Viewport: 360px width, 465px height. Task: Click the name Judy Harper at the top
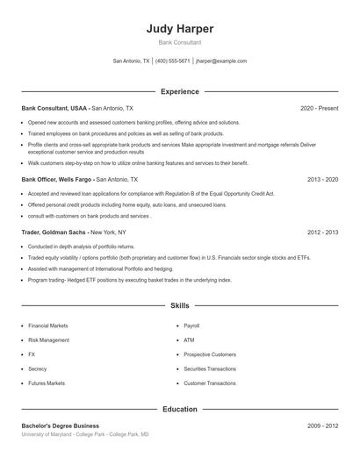[180, 28]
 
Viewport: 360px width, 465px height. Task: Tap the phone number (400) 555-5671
[172, 61]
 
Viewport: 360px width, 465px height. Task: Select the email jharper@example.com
[221, 61]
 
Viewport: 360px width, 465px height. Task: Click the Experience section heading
[180, 91]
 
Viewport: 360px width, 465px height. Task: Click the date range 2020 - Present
[319, 108]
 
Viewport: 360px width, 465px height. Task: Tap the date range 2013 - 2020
[322, 178]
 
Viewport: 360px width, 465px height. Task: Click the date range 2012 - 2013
[322, 232]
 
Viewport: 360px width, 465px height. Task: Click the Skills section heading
[180, 305]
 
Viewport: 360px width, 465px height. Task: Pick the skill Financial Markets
[48, 325]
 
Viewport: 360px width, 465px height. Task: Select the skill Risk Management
[48, 340]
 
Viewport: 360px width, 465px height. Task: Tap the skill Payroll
[191, 325]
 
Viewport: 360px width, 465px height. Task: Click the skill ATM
[189, 340]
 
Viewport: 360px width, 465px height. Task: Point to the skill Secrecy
[38, 368]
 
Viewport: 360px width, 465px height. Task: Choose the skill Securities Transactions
[210, 368]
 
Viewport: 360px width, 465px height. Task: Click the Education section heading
[180, 409]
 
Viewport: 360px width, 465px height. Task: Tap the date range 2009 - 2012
[322, 426]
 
